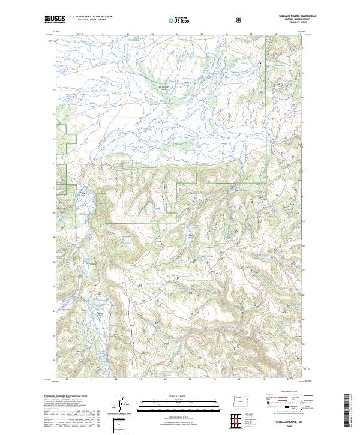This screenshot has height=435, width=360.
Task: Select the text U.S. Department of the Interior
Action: pos(91,16)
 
